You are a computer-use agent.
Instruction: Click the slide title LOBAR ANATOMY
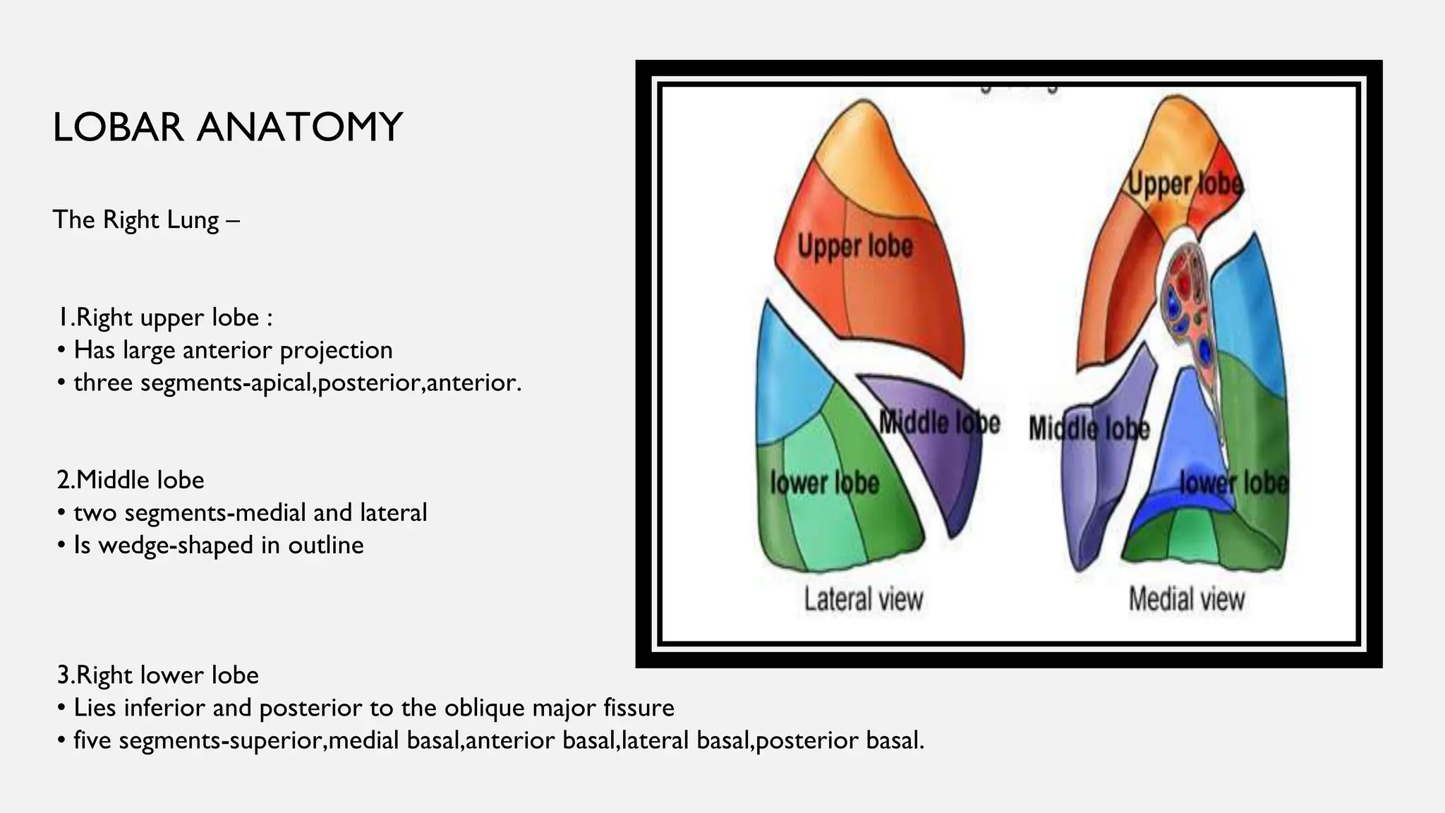click(227, 128)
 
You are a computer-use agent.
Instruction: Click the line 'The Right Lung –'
click(146, 219)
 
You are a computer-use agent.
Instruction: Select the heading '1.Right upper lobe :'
click(164, 318)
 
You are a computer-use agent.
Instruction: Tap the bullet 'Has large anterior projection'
click(233, 350)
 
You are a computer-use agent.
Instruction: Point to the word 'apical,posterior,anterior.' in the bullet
click(421, 383)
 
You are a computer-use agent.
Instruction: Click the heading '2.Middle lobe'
click(131, 480)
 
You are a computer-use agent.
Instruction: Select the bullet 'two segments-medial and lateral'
click(250, 512)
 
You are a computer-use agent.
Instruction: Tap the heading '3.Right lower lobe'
click(158, 675)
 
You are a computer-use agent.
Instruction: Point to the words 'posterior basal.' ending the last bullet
click(839, 740)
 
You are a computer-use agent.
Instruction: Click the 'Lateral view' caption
click(864, 599)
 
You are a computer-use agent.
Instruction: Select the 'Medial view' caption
click(1186, 599)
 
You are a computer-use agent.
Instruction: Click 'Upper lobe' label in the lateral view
click(855, 246)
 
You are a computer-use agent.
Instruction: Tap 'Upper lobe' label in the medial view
click(1185, 184)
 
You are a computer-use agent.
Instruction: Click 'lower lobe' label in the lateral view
click(824, 483)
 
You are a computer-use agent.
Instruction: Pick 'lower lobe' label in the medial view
click(1233, 483)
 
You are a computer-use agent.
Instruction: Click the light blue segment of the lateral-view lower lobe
click(787, 381)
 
